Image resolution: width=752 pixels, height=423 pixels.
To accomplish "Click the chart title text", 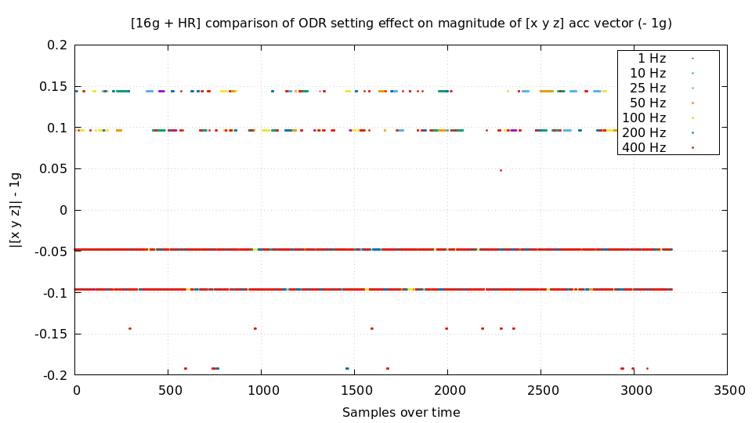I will pyautogui.click(x=401, y=23).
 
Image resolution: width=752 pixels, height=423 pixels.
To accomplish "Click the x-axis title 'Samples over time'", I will pyautogui.click(x=401, y=412).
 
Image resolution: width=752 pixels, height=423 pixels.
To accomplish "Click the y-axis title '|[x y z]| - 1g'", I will pyautogui.click(x=15, y=210).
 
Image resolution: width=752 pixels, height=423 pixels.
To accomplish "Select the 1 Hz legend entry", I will pyautogui.click(x=652, y=58).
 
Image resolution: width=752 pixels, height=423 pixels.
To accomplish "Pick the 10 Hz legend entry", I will pyautogui.click(x=648, y=73).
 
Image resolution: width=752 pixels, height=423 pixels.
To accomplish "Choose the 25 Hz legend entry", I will pyautogui.click(x=648, y=88).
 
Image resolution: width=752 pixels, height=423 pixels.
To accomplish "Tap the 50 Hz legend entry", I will pyautogui.click(x=648, y=103).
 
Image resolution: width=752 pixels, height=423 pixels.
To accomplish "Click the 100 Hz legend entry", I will pyautogui.click(x=644, y=117).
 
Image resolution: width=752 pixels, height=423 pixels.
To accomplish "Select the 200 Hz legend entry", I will pyautogui.click(x=644, y=132).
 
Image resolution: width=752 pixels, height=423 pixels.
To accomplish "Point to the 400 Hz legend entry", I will pyautogui.click(x=644, y=147).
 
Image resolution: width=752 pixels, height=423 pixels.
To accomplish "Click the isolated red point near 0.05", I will pyautogui.click(x=501, y=170).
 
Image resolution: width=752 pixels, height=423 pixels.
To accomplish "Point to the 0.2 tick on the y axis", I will pyautogui.click(x=56, y=45).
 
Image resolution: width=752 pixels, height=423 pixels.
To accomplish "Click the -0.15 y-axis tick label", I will pyautogui.click(x=50, y=334).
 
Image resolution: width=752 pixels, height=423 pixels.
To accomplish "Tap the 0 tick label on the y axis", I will pyautogui.click(x=63, y=210).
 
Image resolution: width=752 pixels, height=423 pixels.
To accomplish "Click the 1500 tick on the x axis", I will pyautogui.click(x=355, y=389).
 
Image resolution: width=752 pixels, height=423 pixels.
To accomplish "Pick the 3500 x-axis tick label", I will pyautogui.click(x=727, y=389).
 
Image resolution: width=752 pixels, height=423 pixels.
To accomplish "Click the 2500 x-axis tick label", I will pyautogui.click(x=540, y=389).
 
